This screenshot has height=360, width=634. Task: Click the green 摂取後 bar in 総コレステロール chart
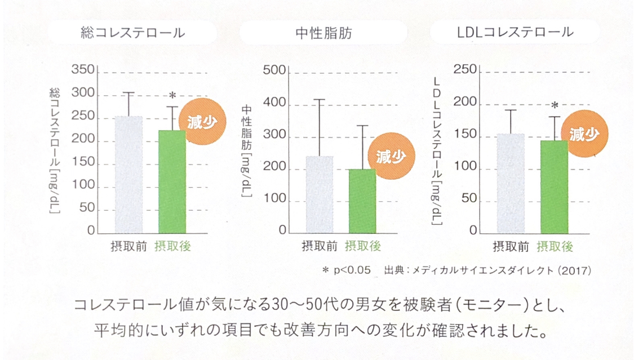172,181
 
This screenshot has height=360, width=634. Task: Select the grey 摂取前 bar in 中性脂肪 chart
319,194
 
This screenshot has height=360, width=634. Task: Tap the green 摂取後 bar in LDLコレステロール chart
554,186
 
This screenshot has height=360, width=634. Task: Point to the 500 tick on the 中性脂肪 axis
275,72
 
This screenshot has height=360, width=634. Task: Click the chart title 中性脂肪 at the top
323,33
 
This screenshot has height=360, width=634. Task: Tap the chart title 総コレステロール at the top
132,33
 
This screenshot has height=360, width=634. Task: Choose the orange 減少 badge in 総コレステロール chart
202,121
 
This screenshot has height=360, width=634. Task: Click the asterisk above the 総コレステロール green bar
172,95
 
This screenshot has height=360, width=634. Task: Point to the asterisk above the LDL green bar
555,105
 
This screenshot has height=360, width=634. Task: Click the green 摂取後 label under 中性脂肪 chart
363,246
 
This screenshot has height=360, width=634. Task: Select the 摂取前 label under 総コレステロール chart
128,246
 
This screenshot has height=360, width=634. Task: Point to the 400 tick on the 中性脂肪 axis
275,104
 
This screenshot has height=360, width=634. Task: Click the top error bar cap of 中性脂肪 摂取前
319,100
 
